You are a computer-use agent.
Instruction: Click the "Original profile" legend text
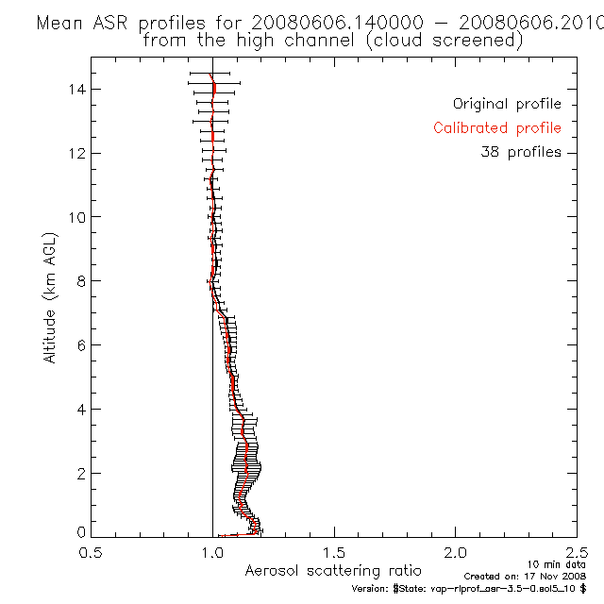pyautogui.click(x=507, y=104)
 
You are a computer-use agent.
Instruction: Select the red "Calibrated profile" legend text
pyautogui.click(x=497, y=128)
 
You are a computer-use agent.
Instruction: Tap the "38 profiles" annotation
pyautogui.click(x=520, y=152)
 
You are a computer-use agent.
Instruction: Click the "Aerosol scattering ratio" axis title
pyautogui.click(x=334, y=571)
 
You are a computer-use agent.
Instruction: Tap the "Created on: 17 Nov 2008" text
pyautogui.click(x=526, y=575)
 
